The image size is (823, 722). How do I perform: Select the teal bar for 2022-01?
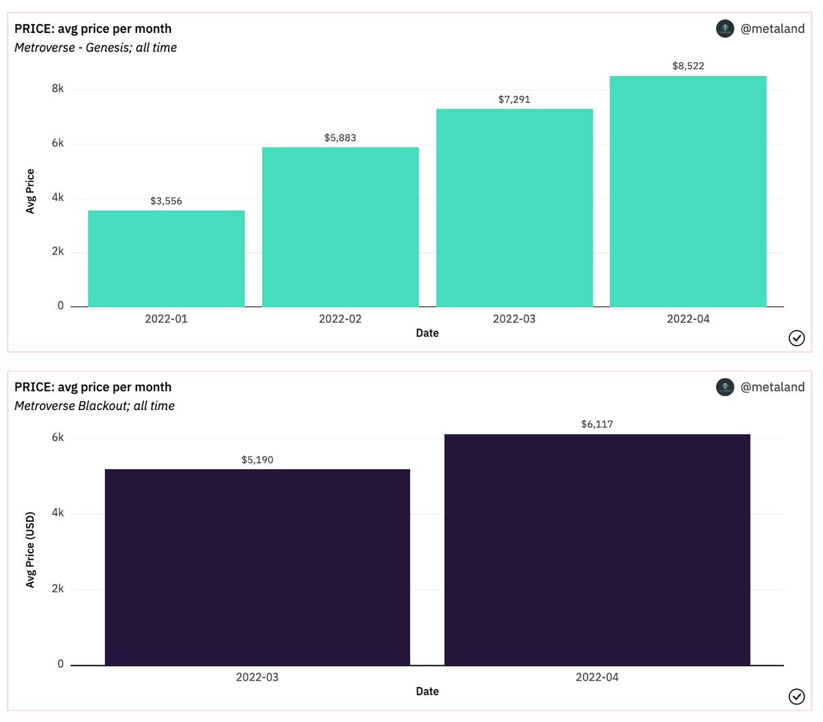[166, 258]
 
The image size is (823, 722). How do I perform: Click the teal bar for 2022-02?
[340, 227]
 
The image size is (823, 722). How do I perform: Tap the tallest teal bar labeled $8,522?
[688, 191]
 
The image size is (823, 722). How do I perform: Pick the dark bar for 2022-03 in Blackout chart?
[257, 567]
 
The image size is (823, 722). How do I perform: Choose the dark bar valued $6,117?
[597, 549]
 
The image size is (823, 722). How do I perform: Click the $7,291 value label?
[514, 99]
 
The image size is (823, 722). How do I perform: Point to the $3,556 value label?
[166, 201]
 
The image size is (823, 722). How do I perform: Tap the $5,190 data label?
[257, 459]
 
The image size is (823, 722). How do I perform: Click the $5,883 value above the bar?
[340, 138]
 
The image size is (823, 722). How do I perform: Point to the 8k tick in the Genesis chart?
[58, 88]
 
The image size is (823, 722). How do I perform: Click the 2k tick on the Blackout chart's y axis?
[58, 588]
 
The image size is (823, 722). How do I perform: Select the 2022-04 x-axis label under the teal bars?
[688, 319]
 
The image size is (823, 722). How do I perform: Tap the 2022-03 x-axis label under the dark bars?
[257, 677]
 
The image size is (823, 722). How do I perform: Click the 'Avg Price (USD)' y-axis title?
[30, 549]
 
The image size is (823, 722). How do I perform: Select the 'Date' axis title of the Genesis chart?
[427, 333]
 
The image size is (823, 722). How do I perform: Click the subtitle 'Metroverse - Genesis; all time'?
[95, 47]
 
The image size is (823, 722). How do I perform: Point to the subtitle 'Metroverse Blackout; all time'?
[95, 406]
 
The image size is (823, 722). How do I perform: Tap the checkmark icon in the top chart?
[796, 338]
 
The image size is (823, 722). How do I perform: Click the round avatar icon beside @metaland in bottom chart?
[725, 387]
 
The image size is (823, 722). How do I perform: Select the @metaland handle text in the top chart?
[772, 29]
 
